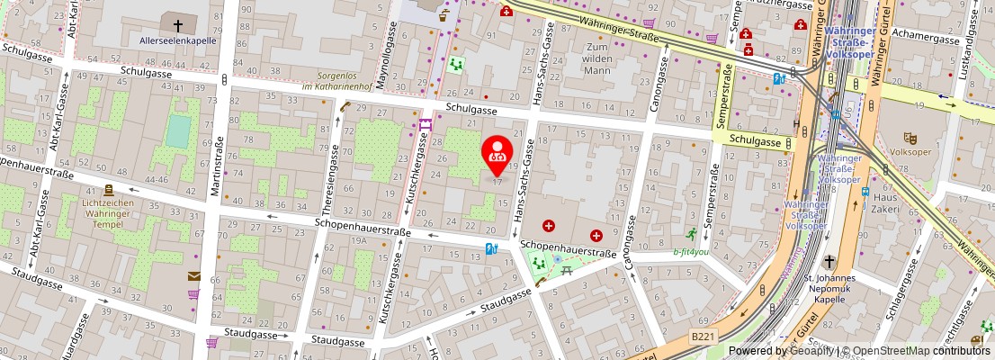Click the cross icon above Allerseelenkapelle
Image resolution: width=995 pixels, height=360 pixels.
[x=177, y=25]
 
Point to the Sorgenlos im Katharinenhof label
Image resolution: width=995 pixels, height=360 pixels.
[x=336, y=82]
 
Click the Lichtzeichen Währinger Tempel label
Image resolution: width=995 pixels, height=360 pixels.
[x=108, y=210]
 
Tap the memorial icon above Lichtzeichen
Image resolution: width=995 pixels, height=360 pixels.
[x=108, y=190]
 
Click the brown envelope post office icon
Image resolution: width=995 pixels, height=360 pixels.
[x=193, y=276]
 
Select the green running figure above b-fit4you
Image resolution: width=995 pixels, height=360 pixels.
[x=691, y=235]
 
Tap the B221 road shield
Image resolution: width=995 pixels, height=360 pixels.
[x=703, y=336]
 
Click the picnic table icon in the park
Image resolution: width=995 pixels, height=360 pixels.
[x=557, y=260]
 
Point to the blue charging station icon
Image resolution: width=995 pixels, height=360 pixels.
[x=491, y=248]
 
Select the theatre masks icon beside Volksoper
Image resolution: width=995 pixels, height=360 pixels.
[x=910, y=138]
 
